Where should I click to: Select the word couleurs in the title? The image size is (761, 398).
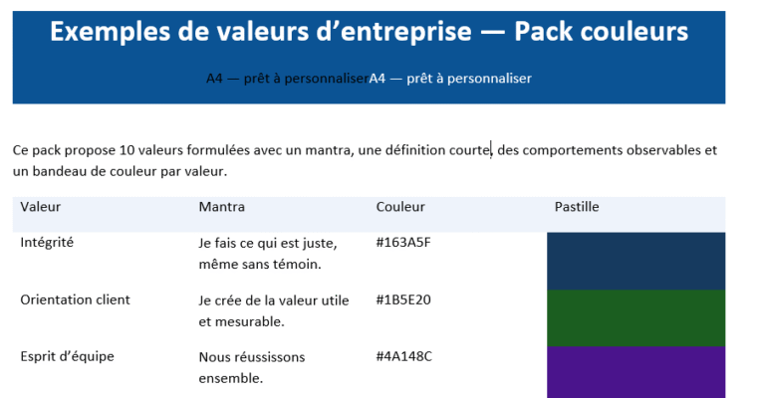pos(635,32)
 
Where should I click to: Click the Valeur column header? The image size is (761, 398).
pos(41,207)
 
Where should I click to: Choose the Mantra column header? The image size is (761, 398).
pos(221,207)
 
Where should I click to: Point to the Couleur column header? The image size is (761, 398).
pos(400,207)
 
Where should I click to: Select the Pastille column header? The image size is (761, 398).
pos(577,207)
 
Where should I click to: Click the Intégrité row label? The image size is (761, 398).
pos(47,242)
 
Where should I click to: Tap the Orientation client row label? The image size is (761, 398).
pos(75,299)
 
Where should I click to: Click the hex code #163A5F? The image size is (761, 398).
pos(402,242)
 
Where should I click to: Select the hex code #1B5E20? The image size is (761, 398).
pos(402,299)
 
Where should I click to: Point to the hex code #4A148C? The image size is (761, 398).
pos(403,356)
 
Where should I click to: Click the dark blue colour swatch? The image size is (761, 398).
pos(635,261)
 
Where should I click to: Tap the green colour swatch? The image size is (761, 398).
pos(635,317)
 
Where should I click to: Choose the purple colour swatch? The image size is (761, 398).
pos(635,372)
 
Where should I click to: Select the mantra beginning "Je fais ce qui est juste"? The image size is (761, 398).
pos(268,253)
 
